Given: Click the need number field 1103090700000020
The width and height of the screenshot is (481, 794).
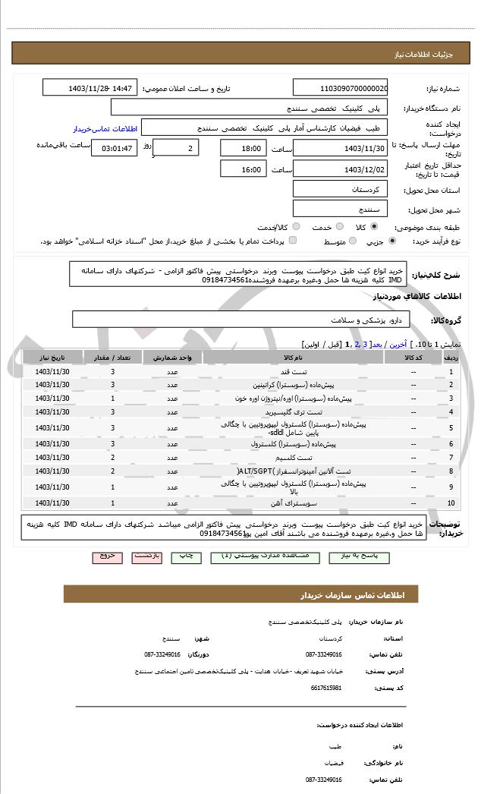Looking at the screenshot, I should click(340, 88).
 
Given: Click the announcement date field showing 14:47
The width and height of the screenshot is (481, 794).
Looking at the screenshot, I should click(90, 88).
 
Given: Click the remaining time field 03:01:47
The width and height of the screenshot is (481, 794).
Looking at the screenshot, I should click(114, 148).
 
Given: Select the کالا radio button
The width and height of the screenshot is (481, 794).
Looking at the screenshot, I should click(374, 226).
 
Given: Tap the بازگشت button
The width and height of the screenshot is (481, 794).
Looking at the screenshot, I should click(147, 556).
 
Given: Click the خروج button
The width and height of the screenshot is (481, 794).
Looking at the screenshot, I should click(107, 556).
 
